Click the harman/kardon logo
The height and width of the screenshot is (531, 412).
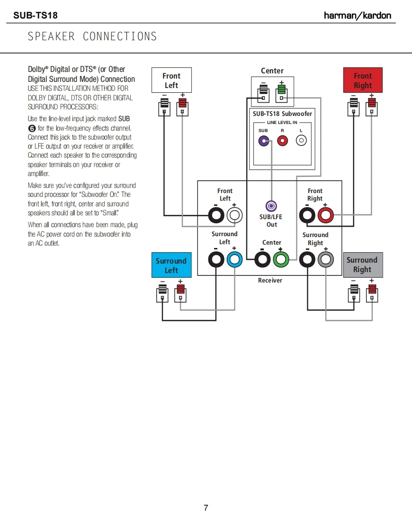tap(358, 16)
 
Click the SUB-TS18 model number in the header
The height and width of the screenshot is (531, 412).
tap(36, 16)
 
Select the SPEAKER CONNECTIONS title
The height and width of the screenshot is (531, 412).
tap(92, 36)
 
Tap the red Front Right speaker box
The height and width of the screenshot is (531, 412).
tap(362, 80)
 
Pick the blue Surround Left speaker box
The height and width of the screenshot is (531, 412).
tap(171, 265)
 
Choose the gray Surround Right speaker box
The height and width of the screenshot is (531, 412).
tap(362, 265)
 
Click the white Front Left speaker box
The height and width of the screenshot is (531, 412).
tap(171, 80)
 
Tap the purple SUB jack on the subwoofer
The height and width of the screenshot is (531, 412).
tap(264, 141)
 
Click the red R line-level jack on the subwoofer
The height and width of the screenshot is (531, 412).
tap(283, 141)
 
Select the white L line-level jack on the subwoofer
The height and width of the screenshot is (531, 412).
tap(301, 141)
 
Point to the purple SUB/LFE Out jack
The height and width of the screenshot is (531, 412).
tap(271, 206)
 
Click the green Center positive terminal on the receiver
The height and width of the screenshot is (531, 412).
tap(281, 259)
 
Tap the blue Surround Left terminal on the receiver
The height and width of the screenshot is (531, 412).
tap(234, 259)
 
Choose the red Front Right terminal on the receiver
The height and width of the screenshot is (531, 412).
tap(325, 216)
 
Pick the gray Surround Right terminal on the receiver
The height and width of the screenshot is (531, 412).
tap(325, 259)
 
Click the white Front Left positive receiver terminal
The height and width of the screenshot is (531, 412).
tap(234, 216)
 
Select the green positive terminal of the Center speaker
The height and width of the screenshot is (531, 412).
tap(282, 90)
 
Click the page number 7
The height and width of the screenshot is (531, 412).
tap(206, 508)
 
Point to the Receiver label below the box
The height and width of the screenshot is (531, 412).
tap(270, 281)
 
